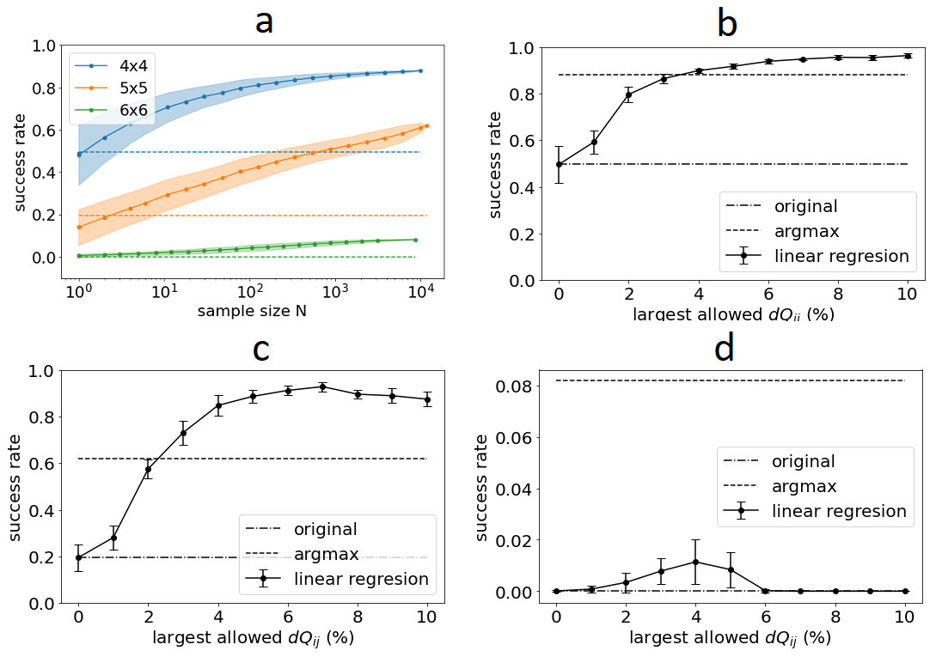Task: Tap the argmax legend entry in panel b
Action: click(805, 231)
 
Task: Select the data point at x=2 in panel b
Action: click(629, 94)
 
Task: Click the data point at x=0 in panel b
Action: click(560, 164)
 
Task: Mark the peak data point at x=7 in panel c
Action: click(322, 386)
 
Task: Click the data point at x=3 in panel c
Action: click(183, 433)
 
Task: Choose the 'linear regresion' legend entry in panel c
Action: click(360, 578)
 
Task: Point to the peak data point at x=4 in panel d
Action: click(695, 562)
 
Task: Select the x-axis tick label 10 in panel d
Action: click(904, 616)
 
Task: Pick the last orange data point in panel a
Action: click(426, 125)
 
